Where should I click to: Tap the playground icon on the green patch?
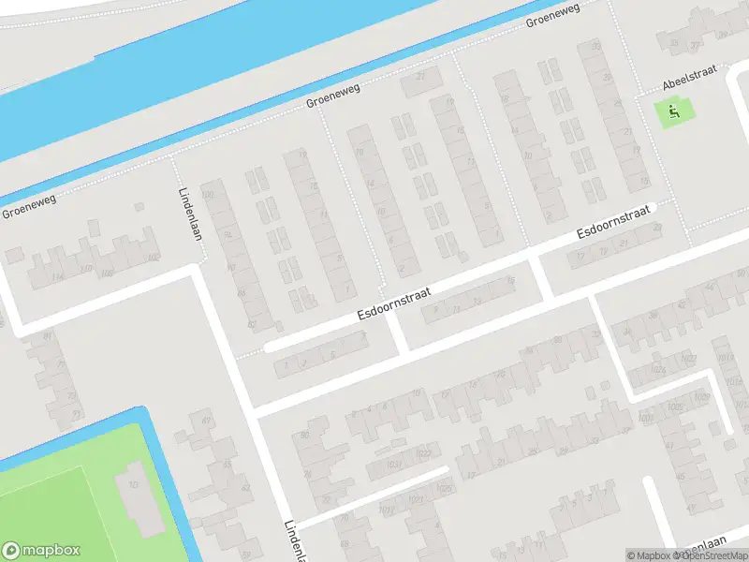(x=673, y=113)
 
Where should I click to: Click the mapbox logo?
(x=41, y=551)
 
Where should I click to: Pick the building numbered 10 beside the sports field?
(x=133, y=484)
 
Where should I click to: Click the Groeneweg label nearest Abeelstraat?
(x=552, y=16)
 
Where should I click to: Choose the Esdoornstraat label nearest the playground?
(x=613, y=221)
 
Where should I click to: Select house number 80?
(x=304, y=435)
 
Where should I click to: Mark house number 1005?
(x=673, y=407)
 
